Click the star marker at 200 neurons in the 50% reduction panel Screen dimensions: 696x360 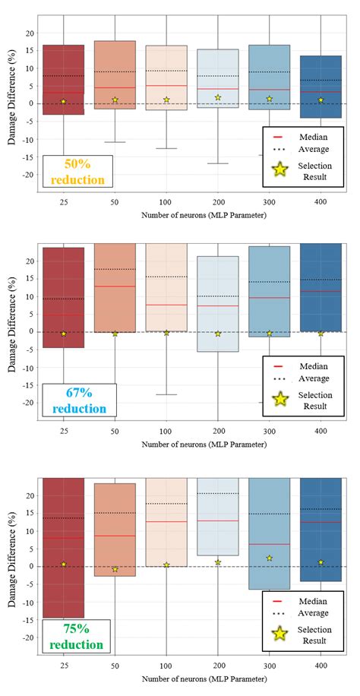click(x=218, y=97)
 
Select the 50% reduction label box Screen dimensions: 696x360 click(x=77, y=172)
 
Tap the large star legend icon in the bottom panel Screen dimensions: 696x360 click(x=280, y=636)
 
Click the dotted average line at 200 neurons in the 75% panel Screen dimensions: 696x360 click(x=218, y=494)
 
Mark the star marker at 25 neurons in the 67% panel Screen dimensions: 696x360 click(x=64, y=333)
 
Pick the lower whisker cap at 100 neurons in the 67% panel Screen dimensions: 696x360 click(x=166, y=394)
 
